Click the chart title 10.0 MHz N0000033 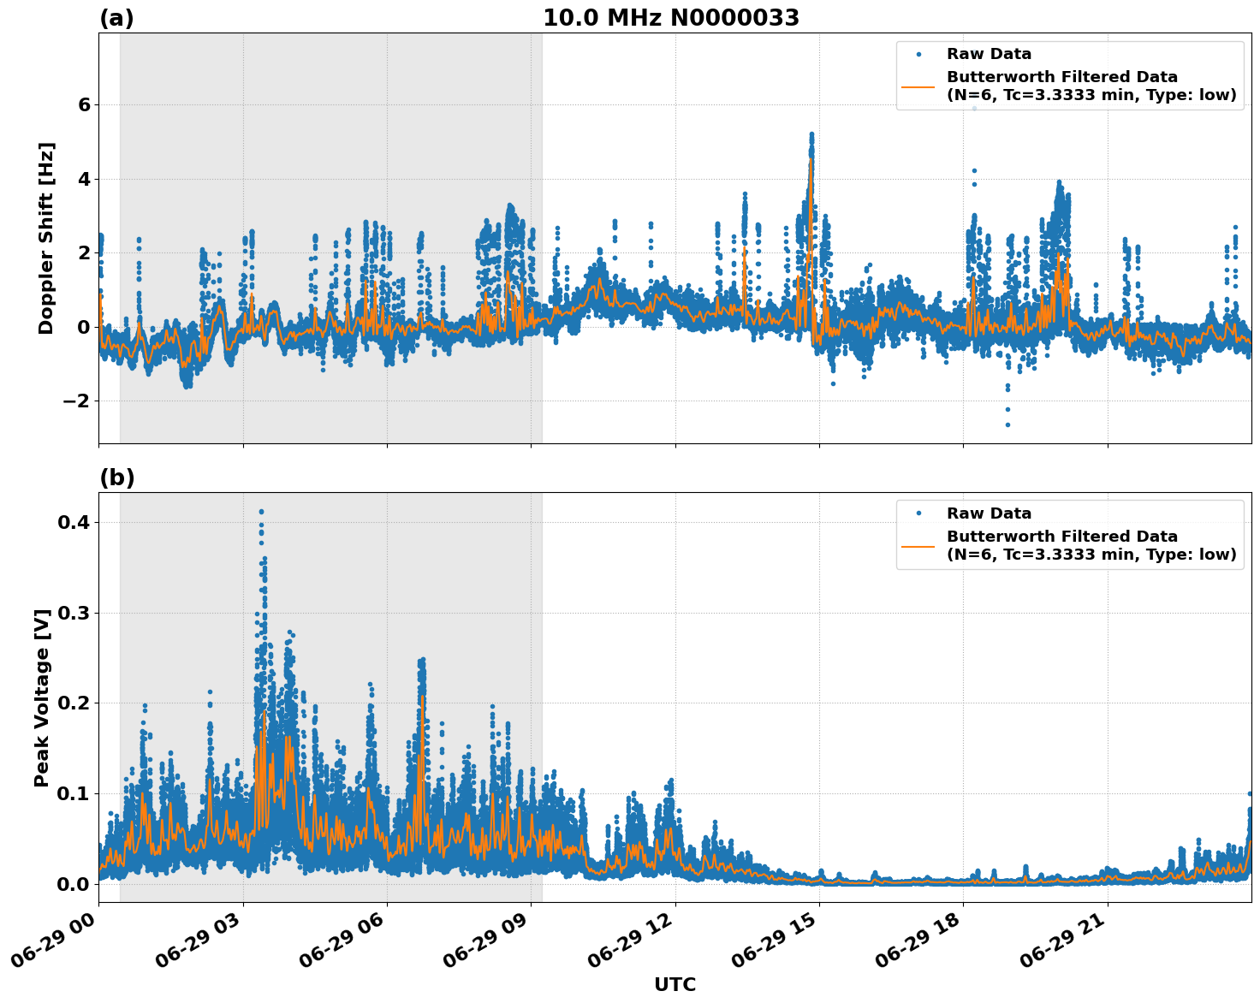[x=671, y=18]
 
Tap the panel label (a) [x=116, y=18]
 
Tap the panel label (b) [x=116, y=478]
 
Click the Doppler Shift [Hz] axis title [x=46, y=238]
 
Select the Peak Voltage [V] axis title [x=42, y=697]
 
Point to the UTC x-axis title [x=675, y=984]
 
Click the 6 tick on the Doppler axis [x=84, y=104]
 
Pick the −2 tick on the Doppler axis [x=77, y=401]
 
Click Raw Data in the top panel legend [x=989, y=54]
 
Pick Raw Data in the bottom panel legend [x=989, y=513]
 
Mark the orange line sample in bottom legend [x=918, y=545]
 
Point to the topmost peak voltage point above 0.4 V [x=261, y=512]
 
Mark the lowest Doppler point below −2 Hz [x=1007, y=424]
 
